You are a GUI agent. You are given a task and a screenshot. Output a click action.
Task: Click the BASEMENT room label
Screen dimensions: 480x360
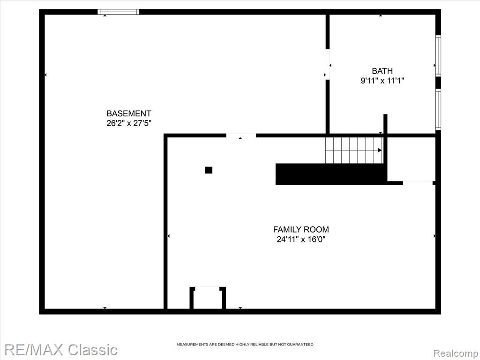tap(128, 113)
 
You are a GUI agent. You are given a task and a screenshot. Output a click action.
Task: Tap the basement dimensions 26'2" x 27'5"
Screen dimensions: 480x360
tap(129, 123)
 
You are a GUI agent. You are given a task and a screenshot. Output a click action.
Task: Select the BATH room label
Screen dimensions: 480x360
tap(382, 71)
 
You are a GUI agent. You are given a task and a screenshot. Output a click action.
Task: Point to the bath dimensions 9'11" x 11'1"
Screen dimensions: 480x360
tap(382, 81)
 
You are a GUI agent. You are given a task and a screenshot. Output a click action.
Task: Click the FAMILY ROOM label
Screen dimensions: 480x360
tap(301, 229)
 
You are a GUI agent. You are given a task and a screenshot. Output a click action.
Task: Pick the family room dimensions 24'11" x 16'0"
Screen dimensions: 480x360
tap(301, 239)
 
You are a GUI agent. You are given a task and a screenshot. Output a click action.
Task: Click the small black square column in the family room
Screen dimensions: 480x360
tap(209, 170)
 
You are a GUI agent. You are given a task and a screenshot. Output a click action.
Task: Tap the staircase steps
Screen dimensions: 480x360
tap(354, 150)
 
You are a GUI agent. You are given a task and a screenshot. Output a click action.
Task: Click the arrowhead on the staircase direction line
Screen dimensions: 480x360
tap(380, 150)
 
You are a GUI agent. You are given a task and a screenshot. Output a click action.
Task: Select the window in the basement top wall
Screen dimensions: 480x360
tap(119, 12)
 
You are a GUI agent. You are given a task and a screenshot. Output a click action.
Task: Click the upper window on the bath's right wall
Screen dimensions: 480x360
tap(438, 55)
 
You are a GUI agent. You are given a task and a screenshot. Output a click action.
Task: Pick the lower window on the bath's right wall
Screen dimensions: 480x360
tap(438, 110)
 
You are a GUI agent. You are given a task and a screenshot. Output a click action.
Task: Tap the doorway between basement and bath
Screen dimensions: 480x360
tap(328, 64)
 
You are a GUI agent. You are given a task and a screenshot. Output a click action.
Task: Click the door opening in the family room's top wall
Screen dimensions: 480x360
tap(241, 135)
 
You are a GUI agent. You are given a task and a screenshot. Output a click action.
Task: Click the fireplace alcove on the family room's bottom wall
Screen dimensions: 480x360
tap(208, 298)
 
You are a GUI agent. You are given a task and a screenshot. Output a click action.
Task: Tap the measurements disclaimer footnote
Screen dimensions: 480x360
tap(245, 345)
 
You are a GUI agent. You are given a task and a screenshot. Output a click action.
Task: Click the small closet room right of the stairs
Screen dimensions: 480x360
tap(411, 159)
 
